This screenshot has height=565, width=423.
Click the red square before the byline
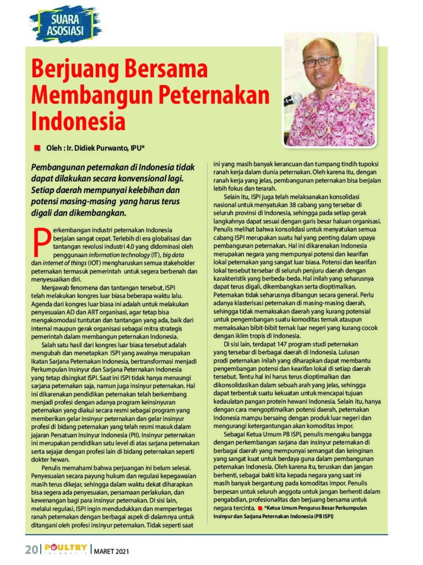[37, 148]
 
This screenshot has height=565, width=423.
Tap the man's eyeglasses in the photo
[320, 60]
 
